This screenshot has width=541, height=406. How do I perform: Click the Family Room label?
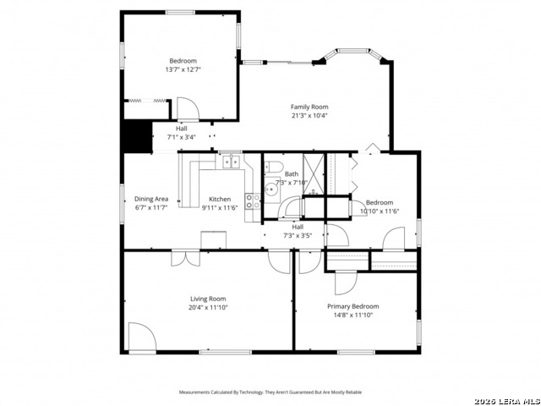[309, 107]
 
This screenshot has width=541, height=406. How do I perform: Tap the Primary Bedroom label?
[352, 306]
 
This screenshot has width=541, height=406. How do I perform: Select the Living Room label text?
[207, 299]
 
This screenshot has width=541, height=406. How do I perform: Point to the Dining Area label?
[151, 200]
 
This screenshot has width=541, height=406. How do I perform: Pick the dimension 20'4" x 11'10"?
[207, 308]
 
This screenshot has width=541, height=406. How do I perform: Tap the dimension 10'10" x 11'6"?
[380, 211]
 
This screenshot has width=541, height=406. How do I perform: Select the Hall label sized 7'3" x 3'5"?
[298, 226]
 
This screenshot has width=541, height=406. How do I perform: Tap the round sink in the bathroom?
[269, 189]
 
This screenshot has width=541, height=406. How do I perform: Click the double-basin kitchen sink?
[230, 161]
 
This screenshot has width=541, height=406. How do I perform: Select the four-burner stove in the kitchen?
[252, 200]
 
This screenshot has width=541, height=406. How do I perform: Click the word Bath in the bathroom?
[292, 173]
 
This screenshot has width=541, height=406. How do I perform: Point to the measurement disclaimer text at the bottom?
[270, 392]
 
